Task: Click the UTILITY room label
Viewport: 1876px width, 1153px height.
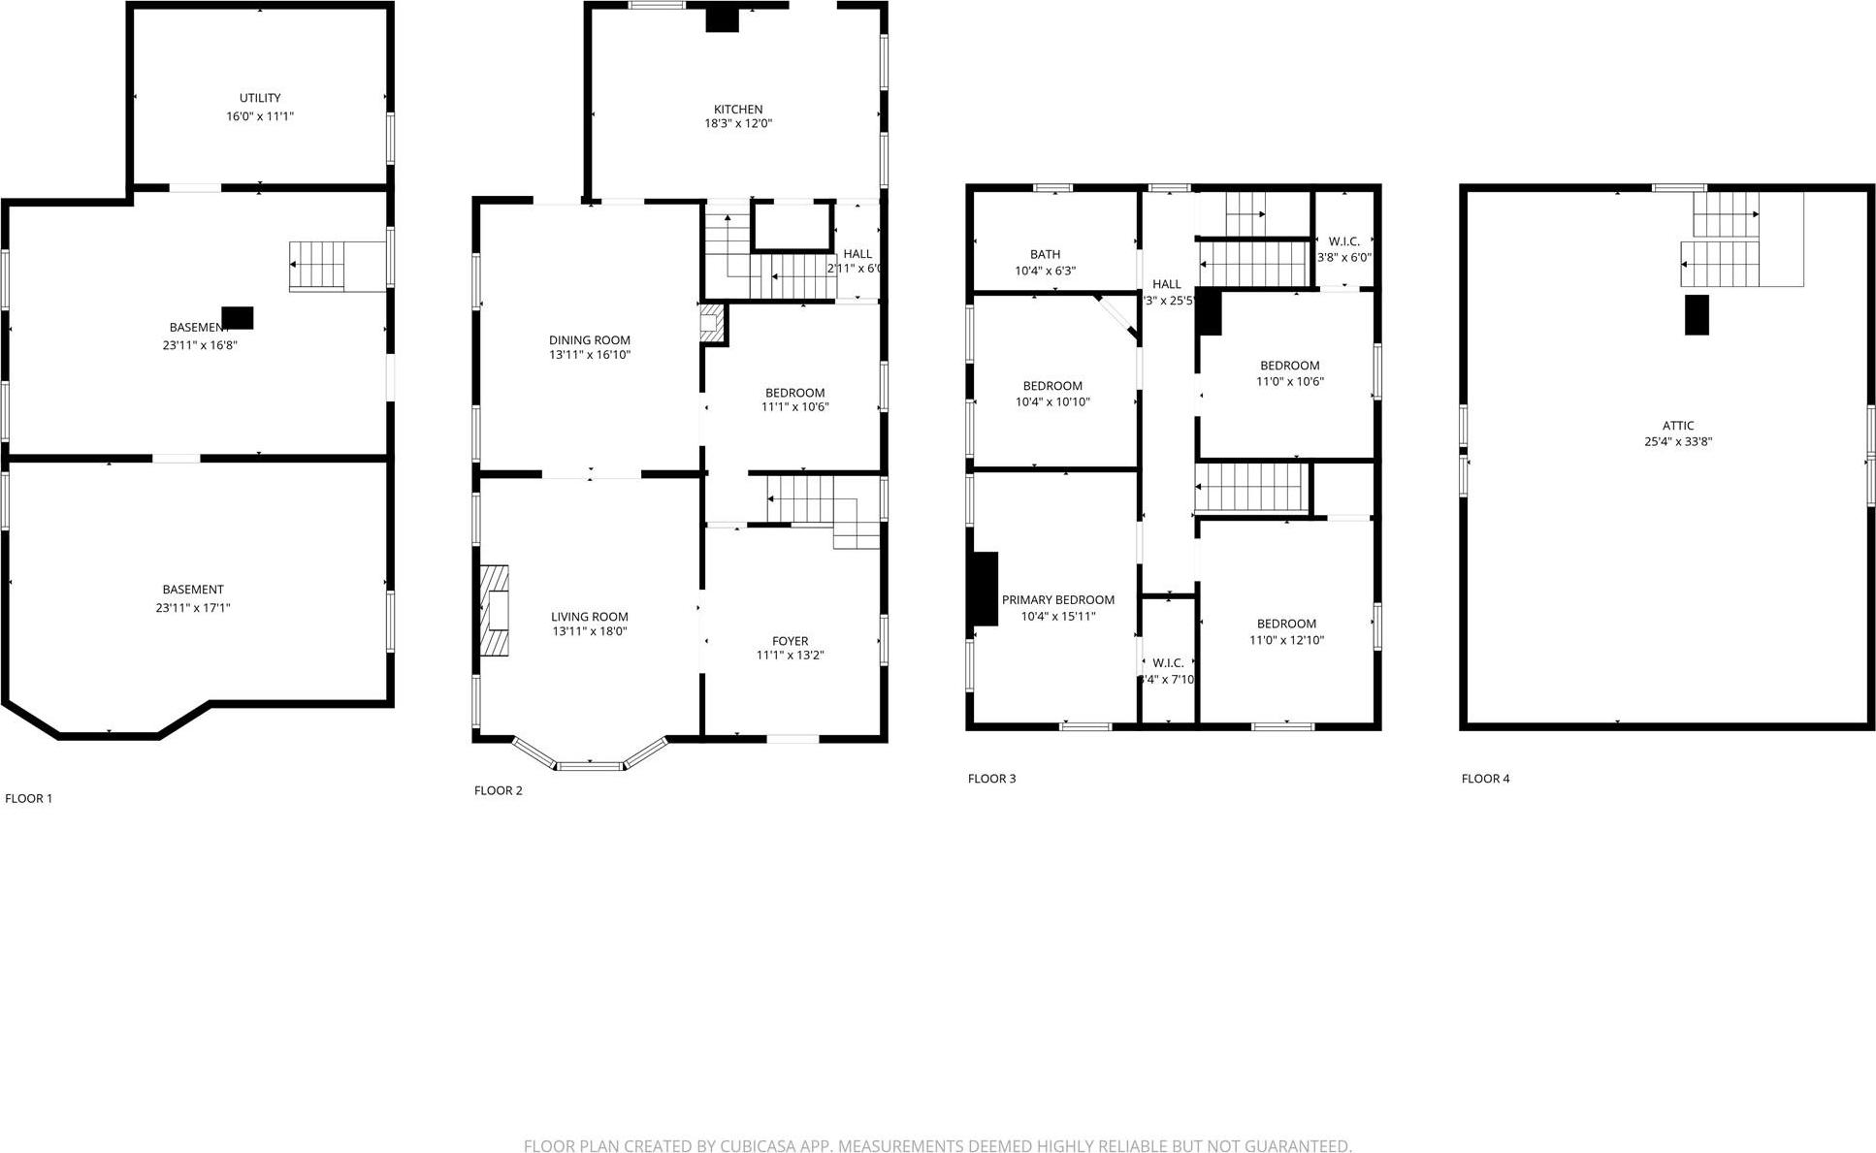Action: (x=260, y=98)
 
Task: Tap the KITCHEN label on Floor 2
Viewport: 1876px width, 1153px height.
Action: (x=738, y=110)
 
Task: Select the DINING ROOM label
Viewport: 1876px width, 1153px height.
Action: (x=590, y=340)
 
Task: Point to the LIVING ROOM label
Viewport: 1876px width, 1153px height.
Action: (x=590, y=617)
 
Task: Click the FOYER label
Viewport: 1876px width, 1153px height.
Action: (x=790, y=641)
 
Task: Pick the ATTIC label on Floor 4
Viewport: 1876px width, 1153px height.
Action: (x=1678, y=426)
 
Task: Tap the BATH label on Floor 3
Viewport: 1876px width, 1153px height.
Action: (x=1045, y=255)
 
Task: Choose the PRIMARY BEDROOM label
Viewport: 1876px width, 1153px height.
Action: (x=1057, y=600)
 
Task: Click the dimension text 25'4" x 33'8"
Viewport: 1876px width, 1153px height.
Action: (x=1678, y=442)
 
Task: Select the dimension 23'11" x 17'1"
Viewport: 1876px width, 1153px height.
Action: (x=193, y=608)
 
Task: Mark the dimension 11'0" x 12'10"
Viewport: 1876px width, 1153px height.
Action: (x=1286, y=640)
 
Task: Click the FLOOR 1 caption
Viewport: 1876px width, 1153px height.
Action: (x=29, y=799)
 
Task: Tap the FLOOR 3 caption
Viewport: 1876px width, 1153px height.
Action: (x=991, y=779)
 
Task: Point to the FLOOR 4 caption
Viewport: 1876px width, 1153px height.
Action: (x=1485, y=779)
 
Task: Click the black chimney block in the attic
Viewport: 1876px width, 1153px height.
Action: (x=1697, y=315)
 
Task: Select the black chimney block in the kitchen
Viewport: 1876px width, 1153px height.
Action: (x=722, y=19)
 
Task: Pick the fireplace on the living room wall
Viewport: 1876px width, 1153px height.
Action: (x=495, y=611)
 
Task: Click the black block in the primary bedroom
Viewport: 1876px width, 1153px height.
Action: (x=984, y=589)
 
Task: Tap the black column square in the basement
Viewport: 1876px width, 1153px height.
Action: (x=238, y=318)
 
